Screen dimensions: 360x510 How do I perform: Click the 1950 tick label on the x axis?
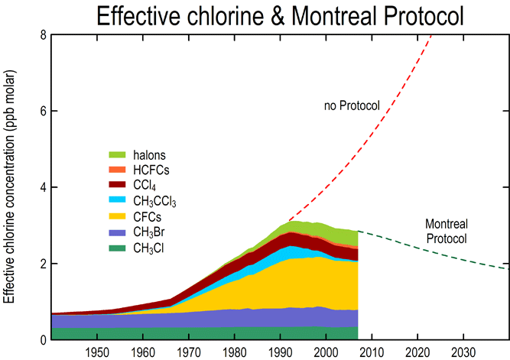pyautogui.click(x=96, y=352)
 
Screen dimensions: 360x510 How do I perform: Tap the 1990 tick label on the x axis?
pyautogui.click(x=280, y=352)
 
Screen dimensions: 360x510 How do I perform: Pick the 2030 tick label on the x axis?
pyautogui.click(x=463, y=352)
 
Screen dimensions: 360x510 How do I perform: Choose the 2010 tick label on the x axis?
pyautogui.click(x=372, y=352)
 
